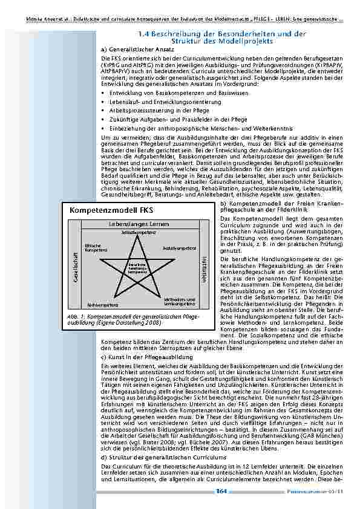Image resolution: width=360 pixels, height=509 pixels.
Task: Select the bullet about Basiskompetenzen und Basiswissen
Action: tap(160, 93)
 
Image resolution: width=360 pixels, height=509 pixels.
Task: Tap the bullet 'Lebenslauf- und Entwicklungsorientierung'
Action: tap(157, 102)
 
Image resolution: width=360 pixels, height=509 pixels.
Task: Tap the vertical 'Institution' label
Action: tap(203, 267)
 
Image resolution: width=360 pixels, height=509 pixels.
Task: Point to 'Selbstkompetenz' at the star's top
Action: tap(136, 232)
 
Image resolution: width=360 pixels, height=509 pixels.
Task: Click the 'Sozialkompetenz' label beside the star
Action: tap(179, 248)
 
